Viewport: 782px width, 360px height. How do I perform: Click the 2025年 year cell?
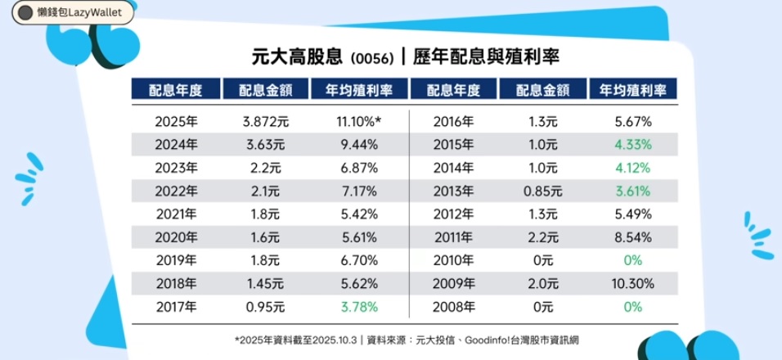175,122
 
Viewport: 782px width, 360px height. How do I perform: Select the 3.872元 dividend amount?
267,122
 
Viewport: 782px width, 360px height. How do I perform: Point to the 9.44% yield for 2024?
357,146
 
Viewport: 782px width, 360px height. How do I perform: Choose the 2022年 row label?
175,192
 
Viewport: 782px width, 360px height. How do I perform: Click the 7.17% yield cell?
357,192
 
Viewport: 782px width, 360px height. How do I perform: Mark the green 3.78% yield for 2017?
357,308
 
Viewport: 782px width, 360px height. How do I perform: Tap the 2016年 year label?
452,122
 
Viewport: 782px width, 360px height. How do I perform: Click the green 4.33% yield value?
631,146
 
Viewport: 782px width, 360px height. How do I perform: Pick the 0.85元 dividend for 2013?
541,192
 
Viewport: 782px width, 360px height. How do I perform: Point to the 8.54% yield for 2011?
631,239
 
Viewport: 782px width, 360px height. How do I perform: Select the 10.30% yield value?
631,286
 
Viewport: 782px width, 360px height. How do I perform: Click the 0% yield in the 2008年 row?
631,308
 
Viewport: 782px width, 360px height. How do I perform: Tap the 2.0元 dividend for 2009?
541,286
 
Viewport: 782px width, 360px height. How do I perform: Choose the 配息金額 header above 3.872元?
267,90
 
